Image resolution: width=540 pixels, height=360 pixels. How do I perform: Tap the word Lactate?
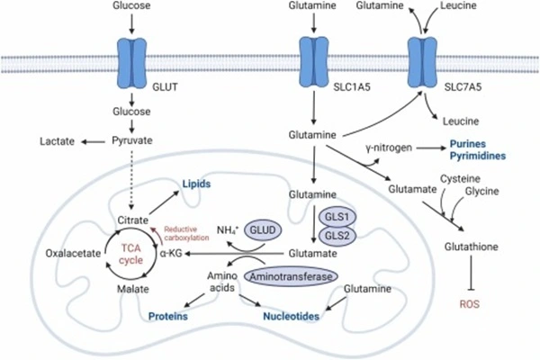[x=58, y=142]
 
